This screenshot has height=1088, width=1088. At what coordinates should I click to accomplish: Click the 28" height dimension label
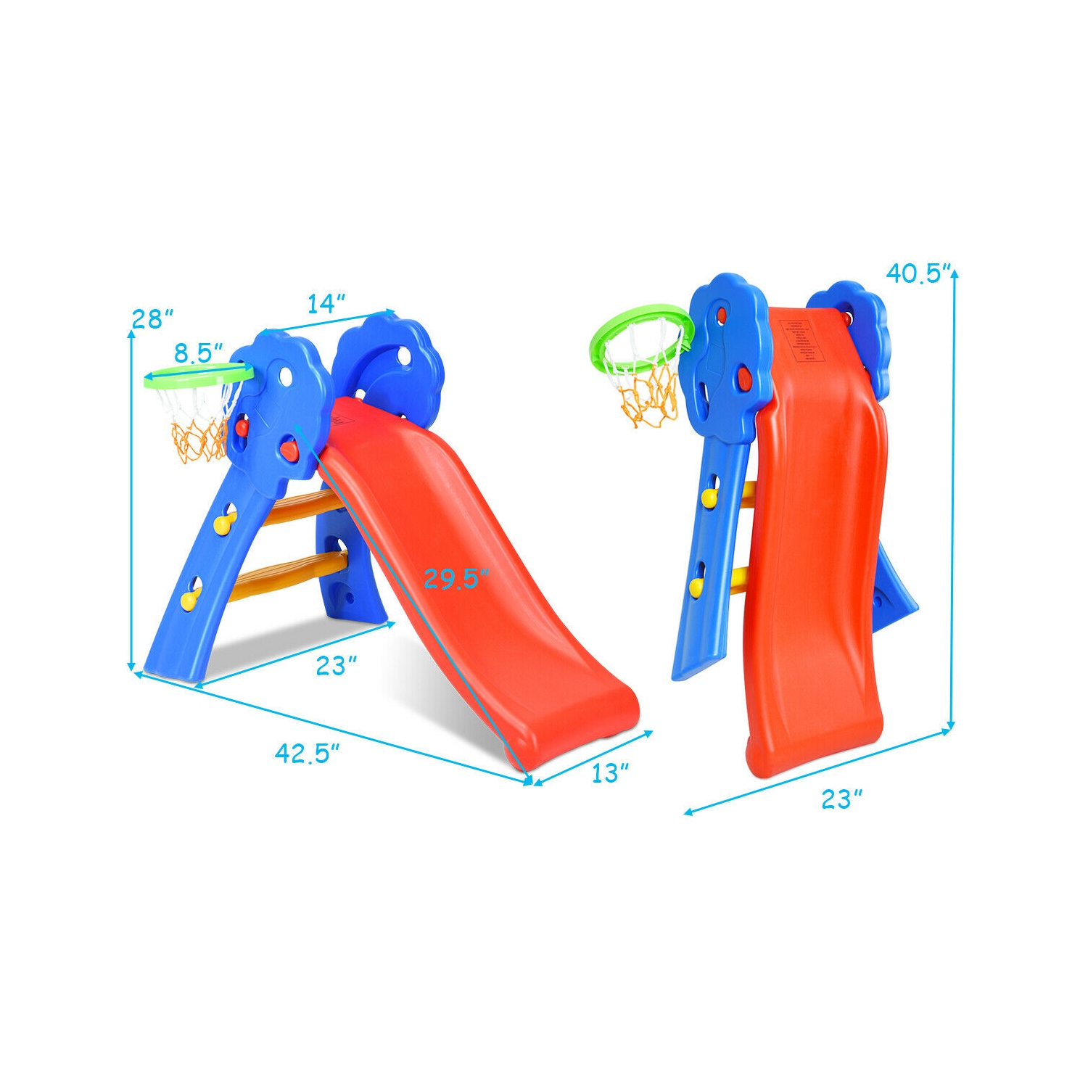click(x=153, y=318)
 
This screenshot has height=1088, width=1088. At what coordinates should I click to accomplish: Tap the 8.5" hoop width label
click(x=198, y=353)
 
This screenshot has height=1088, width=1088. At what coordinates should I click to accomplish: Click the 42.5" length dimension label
click(x=308, y=754)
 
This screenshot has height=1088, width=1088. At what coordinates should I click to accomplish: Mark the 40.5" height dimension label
click(x=918, y=273)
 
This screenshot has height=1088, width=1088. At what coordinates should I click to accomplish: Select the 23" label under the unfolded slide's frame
click(x=337, y=666)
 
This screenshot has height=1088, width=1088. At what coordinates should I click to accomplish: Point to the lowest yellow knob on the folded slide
click(x=696, y=585)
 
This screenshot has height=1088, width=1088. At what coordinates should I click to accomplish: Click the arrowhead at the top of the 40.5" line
click(x=953, y=273)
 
